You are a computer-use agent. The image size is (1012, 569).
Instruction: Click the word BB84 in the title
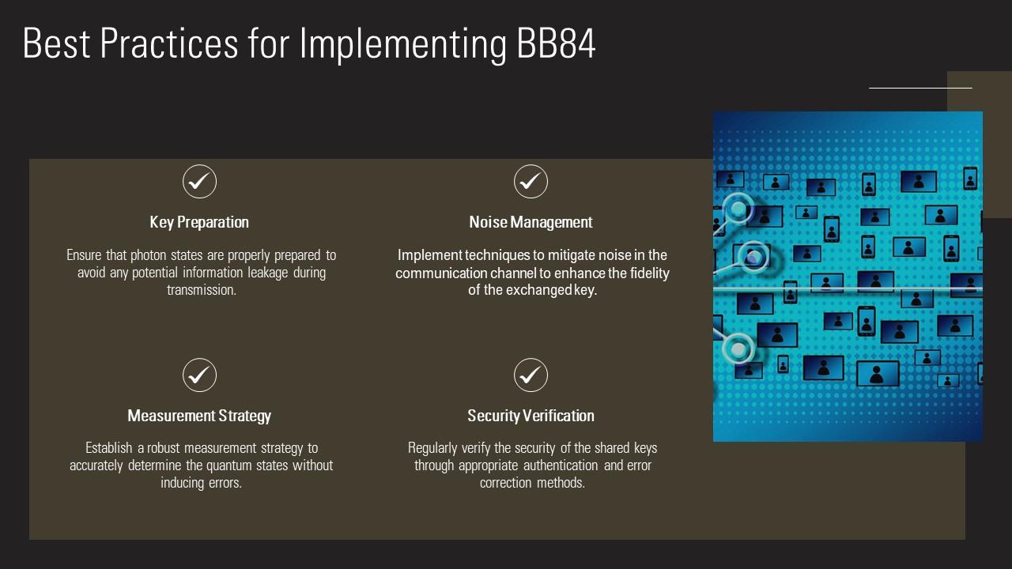[x=556, y=44]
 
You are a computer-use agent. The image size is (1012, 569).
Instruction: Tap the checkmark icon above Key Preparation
[x=199, y=182]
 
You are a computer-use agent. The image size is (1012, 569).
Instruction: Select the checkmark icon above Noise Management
[x=531, y=182]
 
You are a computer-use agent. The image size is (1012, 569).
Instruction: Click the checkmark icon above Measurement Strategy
[x=199, y=375]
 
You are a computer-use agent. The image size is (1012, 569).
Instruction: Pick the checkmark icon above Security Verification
[x=531, y=375]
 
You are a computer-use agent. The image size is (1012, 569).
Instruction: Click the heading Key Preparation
[x=199, y=222]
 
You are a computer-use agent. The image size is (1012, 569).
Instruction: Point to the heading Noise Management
[x=531, y=222]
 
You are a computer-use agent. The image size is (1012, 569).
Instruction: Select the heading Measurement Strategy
[x=199, y=416]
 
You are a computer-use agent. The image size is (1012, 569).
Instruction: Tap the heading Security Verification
[x=531, y=416]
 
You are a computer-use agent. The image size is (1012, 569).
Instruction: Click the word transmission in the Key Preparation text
[x=201, y=290]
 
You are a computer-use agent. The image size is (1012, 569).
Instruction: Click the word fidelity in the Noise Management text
[x=650, y=273]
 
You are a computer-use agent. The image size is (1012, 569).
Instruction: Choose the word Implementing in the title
[x=402, y=44]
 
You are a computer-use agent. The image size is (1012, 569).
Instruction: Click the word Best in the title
[x=55, y=44]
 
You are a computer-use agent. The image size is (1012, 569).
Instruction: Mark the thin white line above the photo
[x=920, y=88]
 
